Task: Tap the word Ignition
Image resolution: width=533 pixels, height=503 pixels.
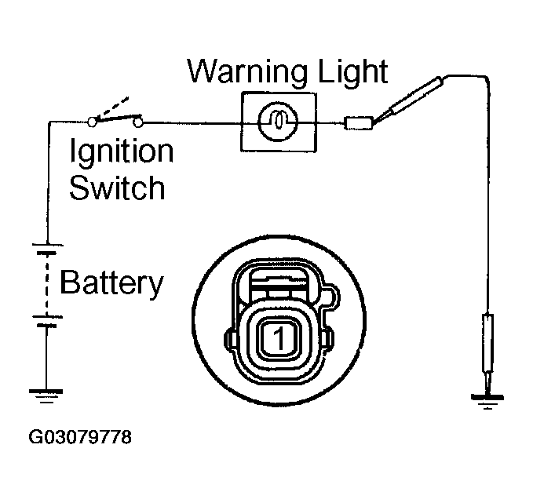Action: pos(122,152)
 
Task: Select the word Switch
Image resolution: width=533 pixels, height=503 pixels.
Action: pos(117,188)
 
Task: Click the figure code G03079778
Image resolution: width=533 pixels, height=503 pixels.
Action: pos(80,437)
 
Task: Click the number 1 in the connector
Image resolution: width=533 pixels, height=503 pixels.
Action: pos(279,338)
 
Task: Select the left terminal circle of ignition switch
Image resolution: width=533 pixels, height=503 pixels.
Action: pos(92,122)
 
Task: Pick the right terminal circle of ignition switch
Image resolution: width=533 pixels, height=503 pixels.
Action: pos(137,122)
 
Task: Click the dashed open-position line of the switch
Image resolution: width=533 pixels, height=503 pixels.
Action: pos(112,107)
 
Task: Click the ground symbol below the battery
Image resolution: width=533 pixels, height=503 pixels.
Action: pos(46,396)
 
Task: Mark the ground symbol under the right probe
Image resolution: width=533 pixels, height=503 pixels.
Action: pos(487,401)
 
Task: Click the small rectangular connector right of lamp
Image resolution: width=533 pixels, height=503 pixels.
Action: pos(359,122)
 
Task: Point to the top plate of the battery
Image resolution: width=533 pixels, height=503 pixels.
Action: pos(48,245)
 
